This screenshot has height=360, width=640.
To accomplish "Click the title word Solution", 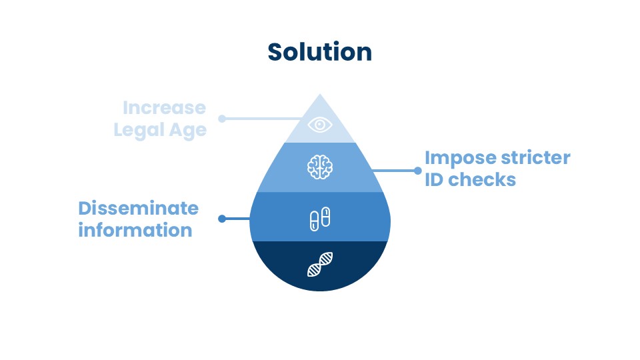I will point(320,52).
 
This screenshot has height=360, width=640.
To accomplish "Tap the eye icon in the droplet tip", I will point(320,124).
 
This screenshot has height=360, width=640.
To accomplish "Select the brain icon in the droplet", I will point(320,167).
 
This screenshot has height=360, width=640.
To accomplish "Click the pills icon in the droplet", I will point(320,218).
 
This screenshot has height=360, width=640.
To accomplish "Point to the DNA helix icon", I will point(320,265).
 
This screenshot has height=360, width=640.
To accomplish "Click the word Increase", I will point(164,108).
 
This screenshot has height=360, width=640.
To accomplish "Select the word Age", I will point(187,131).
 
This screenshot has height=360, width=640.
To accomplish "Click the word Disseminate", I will point(138,208).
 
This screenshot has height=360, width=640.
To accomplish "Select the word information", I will point(135,230).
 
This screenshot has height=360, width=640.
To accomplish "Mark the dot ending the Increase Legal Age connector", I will point(222,119).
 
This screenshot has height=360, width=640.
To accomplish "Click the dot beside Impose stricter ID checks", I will point(417,170).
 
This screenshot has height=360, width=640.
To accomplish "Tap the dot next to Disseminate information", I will point(222,218).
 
